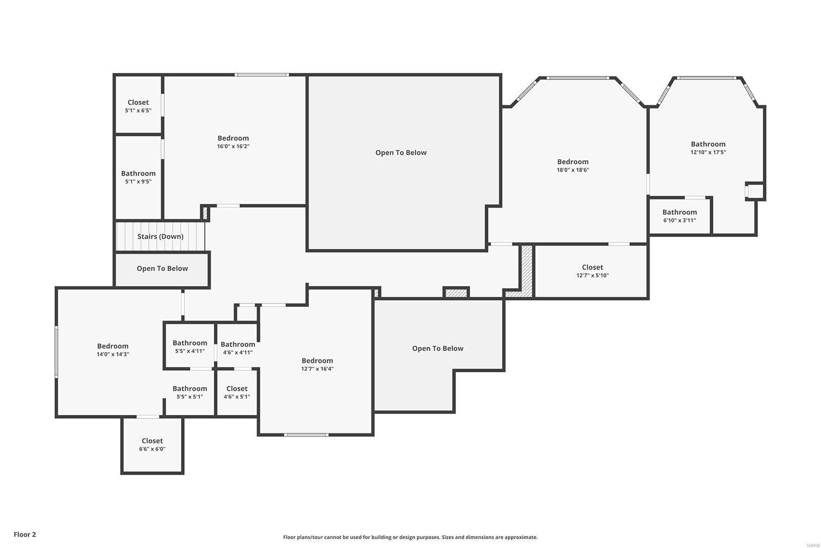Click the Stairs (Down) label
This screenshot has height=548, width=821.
(x=160, y=236)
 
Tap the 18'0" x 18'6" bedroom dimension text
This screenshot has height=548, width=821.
(x=573, y=170)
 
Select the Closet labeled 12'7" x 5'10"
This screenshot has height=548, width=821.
(x=592, y=271)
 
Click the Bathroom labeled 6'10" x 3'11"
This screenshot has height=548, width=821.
(x=679, y=216)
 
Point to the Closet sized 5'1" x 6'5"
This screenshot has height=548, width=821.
(x=138, y=106)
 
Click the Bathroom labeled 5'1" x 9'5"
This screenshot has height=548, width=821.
(x=138, y=177)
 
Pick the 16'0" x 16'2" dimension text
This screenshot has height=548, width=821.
(x=233, y=146)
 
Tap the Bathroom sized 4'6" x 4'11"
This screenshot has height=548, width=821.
(x=238, y=348)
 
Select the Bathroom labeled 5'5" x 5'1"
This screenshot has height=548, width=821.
(x=189, y=392)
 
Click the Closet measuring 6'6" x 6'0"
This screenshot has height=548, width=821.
(x=152, y=444)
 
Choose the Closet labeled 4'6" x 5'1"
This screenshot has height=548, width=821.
(x=237, y=392)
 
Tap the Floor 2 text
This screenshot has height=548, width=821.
(x=25, y=534)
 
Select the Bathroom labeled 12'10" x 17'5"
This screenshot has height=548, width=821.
(x=708, y=147)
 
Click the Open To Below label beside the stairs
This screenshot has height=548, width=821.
(x=162, y=269)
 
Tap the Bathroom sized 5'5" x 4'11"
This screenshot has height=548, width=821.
(x=189, y=347)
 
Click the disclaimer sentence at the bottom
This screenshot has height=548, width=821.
(x=410, y=537)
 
